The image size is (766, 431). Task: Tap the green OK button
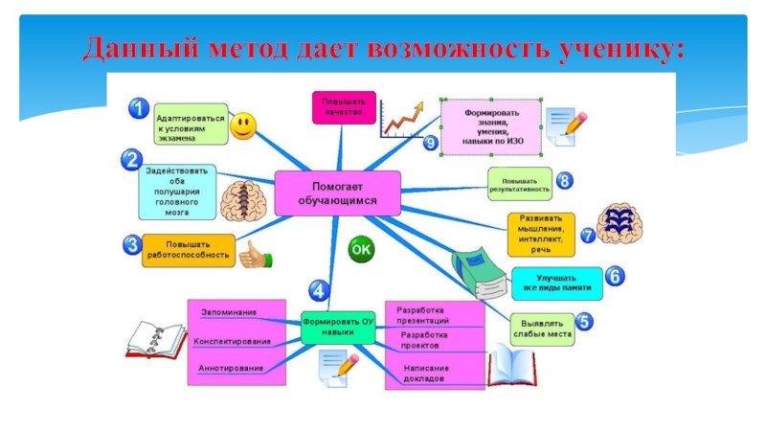point(361,250)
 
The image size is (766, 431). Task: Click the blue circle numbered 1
point(140,110)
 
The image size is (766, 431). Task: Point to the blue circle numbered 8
point(565,180)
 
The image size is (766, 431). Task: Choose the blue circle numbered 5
point(582,323)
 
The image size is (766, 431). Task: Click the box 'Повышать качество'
point(342,107)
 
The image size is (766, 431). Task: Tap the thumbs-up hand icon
point(254,256)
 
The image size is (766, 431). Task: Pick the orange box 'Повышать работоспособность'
point(190,249)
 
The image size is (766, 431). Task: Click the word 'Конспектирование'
point(232,341)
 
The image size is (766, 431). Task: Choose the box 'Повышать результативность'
point(519,183)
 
